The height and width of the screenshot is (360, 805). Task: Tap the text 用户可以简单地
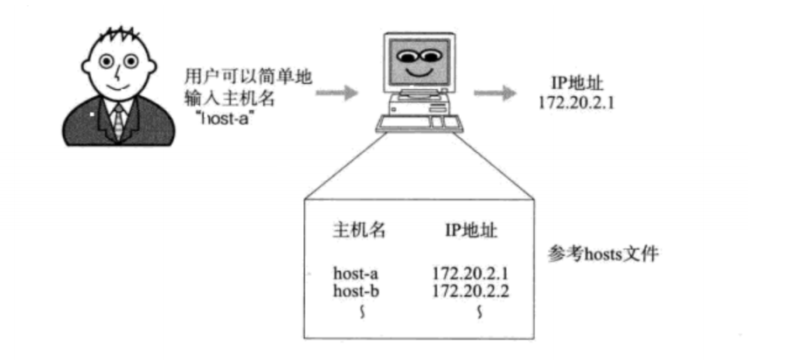[x=248, y=77]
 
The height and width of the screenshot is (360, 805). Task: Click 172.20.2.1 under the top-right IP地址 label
[x=573, y=103]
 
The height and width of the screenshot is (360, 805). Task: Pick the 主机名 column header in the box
[x=359, y=230]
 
